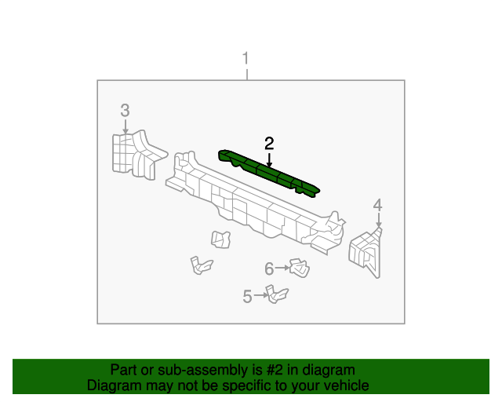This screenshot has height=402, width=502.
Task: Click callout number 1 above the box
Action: pyautogui.click(x=246, y=59)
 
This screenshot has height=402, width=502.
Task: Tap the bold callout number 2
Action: pyautogui.click(x=269, y=143)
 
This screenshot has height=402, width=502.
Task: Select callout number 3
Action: pyautogui.click(x=125, y=110)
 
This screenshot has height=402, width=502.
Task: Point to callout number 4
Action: pyautogui.click(x=377, y=206)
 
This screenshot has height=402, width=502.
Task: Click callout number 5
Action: pyautogui.click(x=247, y=296)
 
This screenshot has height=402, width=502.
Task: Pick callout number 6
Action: pyautogui.click(x=269, y=269)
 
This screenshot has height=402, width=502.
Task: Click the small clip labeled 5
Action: pyautogui.click(x=275, y=294)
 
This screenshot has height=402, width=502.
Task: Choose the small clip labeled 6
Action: pyautogui.click(x=298, y=269)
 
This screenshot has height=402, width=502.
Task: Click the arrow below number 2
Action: pyautogui.click(x=269, y=158)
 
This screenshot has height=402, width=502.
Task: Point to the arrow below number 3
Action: pyautogui.click(x=125, y=125)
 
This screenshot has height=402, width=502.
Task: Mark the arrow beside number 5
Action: pyautogui.click(x=260, y=296)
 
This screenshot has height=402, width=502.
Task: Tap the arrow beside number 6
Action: pyautogui.click(x=282, y=269)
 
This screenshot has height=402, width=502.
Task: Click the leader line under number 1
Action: pyautogui.click(x=246, y=74)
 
